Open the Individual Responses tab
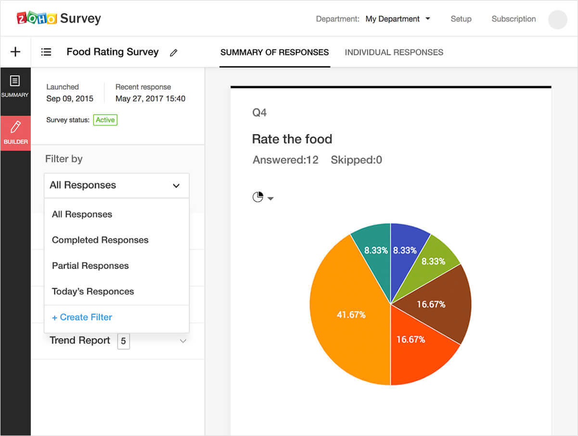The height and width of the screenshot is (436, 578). pyautogui.click(x=394, y=52)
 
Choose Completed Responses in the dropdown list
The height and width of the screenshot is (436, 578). pyautogui.click(x=100, y=240)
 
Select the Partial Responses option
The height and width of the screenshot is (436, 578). pyautogui.click(x=90, y=266)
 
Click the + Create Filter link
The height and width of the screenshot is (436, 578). pyautogui.click(x=82, y=317)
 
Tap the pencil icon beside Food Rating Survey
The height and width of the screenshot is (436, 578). pyautogui.click(x=174, y=53)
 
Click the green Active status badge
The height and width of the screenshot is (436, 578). pyautogui.click(x=105, y=120)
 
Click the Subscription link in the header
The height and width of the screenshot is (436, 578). pyautogui.click(x=514, y=19)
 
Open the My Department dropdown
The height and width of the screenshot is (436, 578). pyautogui.click(x=398, y=19)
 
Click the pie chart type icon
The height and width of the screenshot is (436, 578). pyautogui.click(x=258, y=197)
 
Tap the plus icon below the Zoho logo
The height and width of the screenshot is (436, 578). pyautogui.click(x=15, y=52)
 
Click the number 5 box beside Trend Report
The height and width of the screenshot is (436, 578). pyautogui.click(x=123, y=341)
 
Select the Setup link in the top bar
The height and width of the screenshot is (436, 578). pyautogui.click(x=461, y=19)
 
